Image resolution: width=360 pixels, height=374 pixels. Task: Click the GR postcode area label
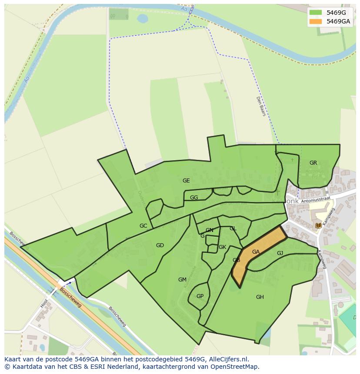click(x=313, y=163)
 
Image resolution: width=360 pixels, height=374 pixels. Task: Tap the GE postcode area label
click(x=186, y=181)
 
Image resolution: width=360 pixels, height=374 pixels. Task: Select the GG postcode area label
click(x=194, y=198)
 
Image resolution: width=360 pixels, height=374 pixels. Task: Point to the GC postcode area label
click(x=143, y=226)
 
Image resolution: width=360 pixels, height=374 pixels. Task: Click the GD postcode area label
click(x=160, y=245)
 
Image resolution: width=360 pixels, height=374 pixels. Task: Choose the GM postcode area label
click(x=182, y=280)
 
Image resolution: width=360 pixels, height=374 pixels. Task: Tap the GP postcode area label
click(x=200, y=296)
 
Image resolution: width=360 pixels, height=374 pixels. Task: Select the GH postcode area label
click(x=260, y=297)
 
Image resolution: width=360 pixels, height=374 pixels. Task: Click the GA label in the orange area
click(x=256, y=252)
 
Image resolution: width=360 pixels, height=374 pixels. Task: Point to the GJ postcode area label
click(x=280, y=253)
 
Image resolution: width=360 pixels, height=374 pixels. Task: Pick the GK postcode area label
click(x=222, y=247)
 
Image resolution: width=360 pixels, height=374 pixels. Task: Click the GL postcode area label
click(x=233, y=228)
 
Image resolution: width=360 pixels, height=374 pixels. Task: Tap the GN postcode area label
click(x=210, y=230)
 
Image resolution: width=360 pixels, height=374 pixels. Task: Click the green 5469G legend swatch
click(x=315, y=13)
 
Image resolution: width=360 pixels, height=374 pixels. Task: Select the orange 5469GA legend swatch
click(x=315, y=21)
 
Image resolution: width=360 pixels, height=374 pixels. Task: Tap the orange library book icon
click(x=318, y=225)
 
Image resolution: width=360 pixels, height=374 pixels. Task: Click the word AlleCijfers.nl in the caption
click(x=227, y=359)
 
